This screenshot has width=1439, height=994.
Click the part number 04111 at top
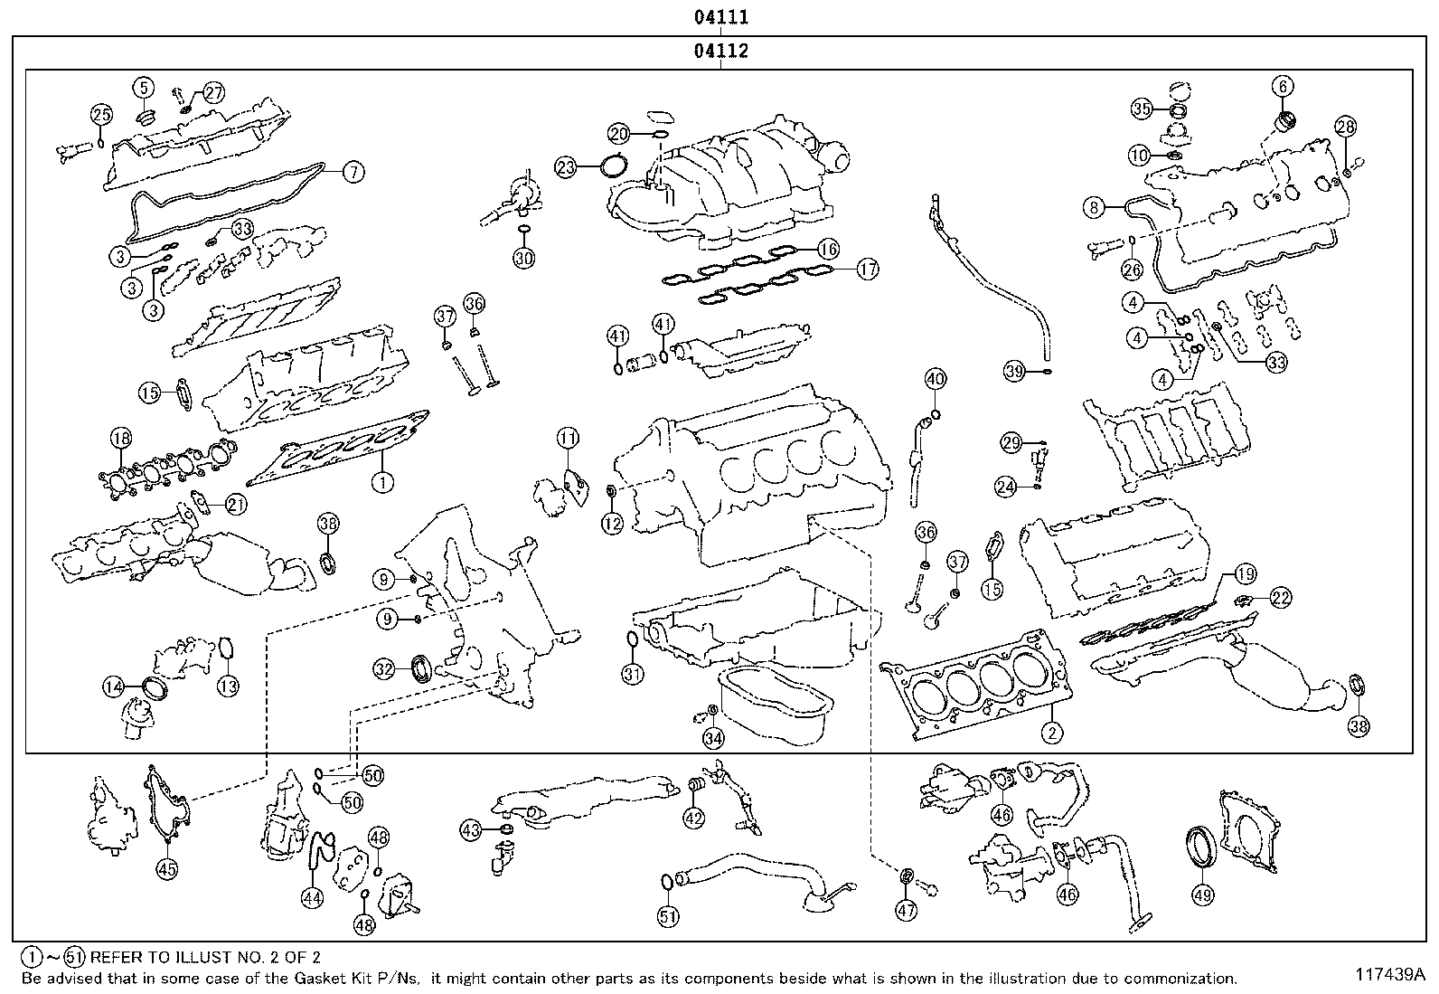pyautogui.click(x=720, y=17)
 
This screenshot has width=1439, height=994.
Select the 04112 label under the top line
pyautogui.click(x=720, y=52)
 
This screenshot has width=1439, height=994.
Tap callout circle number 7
pyautogui.click(x=352, y=170)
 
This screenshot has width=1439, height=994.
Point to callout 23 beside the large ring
pyautogui.click(x=566, y=167)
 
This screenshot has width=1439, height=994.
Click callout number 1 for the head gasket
pyautogui.click(x=382, y=482)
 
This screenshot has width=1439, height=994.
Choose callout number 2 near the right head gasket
pyautogui.click(x=1051, y=733)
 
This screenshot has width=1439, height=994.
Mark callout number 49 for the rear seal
pyautogui.click(x=1202, y=895)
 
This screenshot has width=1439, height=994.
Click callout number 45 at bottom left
pyautogui.click(x=167, y=869)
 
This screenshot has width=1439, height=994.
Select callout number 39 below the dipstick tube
pyautogui.click(x=1015, y=370)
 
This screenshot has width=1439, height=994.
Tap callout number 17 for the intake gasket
pyautogui.click(x=867, y=269)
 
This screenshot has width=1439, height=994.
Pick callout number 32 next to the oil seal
pyautogui.click(x=385, y=669)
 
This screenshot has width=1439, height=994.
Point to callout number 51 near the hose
pyautogui.click(x=667, y=916)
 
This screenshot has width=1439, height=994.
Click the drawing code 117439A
pyautogui.click(x=1388, y=975)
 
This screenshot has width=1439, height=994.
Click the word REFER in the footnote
pyautogui.click(x=116, y=956)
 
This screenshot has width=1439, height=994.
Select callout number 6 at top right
pyautogui.click(x=1283, y=88)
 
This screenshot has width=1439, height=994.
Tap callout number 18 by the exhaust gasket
pyautogui.click(x=120, y=439)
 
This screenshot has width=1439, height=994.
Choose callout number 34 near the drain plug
pyautogui.click(x=713, y=739)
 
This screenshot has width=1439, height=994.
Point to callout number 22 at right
pyautogui.click(x=1280, y=597)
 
